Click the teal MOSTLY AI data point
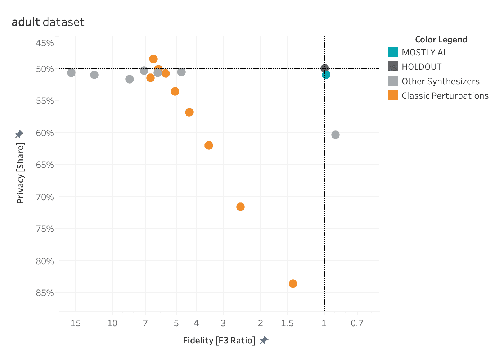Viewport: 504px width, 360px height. click(326, 75)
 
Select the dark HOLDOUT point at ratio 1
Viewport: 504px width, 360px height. click(324, 68)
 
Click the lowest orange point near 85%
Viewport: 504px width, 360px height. click(293, 284)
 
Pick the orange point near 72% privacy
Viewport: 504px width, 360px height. click(240, 207)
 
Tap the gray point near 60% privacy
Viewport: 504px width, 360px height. click(336, 135)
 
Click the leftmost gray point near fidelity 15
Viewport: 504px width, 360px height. click(71, 73)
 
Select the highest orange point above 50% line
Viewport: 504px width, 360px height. click(153, 59)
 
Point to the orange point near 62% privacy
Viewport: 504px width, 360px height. click(209, 145)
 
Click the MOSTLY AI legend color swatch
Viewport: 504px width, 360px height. click(393, 52)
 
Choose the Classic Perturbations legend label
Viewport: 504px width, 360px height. click(445, 96)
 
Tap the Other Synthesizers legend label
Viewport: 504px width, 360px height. click(440, 81)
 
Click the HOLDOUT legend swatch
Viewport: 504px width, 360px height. click(393, 67)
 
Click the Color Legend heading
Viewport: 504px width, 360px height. click(441, 40)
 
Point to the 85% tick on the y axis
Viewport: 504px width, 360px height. click(45, 293)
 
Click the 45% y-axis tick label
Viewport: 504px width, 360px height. click(45, 43)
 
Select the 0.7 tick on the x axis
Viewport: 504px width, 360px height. click(357, 323)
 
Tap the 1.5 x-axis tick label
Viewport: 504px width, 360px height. click(287, 323)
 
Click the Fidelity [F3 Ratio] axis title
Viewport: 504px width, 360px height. click(219, 341)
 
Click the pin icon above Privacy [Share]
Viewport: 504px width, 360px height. click(19, 134)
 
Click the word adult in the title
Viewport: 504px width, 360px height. click(26, 22)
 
